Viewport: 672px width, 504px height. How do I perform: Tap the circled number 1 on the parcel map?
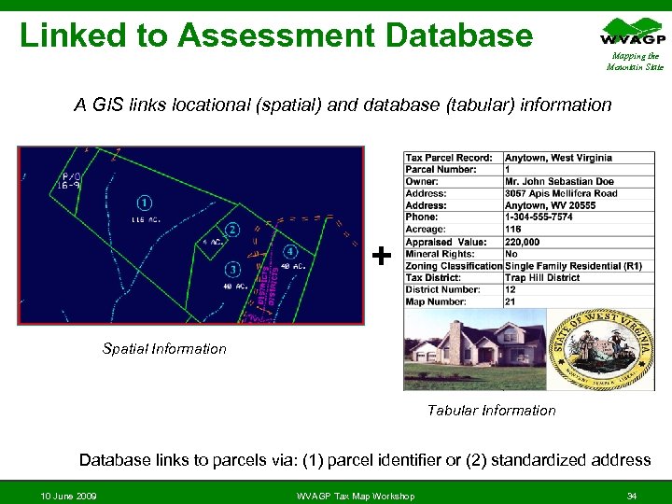(145, 202)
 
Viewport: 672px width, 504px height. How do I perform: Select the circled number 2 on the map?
(232, 230)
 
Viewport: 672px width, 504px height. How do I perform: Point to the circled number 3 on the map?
(232, 270)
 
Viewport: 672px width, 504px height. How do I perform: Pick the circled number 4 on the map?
(290, 251)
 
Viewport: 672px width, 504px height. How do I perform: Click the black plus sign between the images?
(381, 255)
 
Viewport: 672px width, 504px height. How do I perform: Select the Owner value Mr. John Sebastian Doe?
(559, 182)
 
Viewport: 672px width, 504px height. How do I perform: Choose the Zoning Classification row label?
(454, 266)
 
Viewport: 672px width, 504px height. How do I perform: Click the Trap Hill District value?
(542, 278)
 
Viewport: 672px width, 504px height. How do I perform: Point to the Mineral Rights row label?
(440, 254)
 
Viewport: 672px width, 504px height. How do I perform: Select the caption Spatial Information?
(164, 349)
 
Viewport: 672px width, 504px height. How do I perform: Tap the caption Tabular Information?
(491, 411)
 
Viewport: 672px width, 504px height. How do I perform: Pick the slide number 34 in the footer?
(632, 495)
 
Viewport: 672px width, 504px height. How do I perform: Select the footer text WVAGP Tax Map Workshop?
(356, 495)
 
